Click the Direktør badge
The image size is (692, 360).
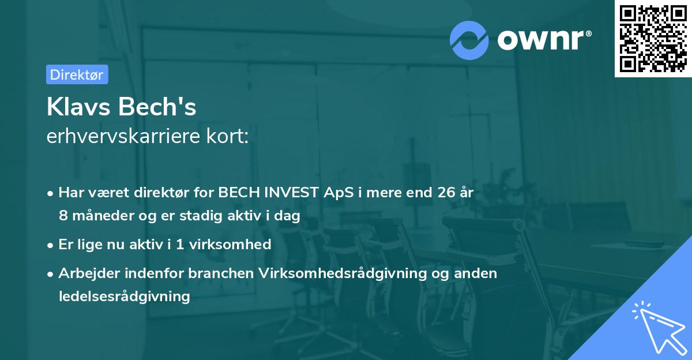coord(77,75)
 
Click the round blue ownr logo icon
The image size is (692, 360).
coord(469,40)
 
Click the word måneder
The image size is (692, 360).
coord(99,216)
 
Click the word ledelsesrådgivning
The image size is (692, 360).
coord(124,297)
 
